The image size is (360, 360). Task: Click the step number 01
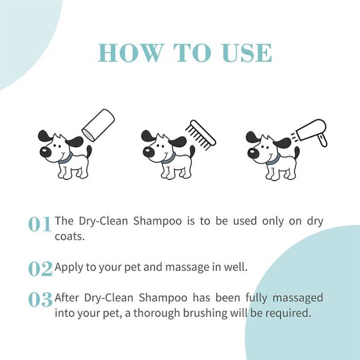40,225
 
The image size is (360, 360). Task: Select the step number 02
40,268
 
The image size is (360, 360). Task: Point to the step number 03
40,300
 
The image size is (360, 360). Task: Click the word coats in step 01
69,237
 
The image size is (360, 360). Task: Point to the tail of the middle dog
192,151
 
